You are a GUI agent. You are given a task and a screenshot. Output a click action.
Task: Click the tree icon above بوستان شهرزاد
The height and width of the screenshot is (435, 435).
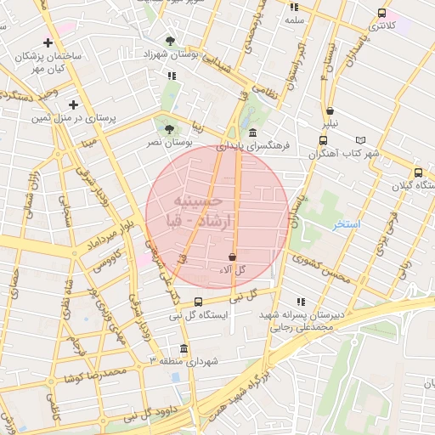click(x=171, y=40)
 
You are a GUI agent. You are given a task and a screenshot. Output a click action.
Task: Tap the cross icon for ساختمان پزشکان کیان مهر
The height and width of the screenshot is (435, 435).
click(x=48, y=42)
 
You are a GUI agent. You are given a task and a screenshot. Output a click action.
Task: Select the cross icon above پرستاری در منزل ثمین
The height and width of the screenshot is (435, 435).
click(x=73, y=105)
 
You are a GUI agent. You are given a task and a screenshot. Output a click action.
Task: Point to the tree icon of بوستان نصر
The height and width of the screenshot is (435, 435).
click(x=168, y=129)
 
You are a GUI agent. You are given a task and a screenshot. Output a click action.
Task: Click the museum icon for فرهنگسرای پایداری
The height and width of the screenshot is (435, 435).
click(x=254, y=133)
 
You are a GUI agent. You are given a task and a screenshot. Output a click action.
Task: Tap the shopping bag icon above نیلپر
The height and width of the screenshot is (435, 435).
click(x=329, y=110)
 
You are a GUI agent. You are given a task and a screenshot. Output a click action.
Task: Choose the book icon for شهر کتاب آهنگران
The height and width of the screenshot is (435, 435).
click(x=360, y=140)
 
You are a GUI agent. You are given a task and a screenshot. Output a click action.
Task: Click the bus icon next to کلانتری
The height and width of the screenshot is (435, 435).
click(x=381, y=13)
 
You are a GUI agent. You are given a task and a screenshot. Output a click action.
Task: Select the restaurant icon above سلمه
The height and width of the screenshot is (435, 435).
click(x=294, y=6)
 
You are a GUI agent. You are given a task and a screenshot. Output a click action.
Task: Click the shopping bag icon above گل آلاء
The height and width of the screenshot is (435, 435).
click(x=232, y=257)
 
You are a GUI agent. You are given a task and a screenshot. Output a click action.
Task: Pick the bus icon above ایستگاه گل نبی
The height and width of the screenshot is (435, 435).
click(x=198, y=302)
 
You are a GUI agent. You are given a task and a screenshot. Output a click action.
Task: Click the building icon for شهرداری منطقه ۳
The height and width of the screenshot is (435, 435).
click(x=184, y=348)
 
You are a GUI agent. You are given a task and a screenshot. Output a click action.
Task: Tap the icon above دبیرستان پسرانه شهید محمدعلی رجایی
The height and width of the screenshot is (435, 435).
click(x=300, y=302)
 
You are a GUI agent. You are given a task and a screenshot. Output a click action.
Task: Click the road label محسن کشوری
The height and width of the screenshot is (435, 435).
click(x=319, y=269)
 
